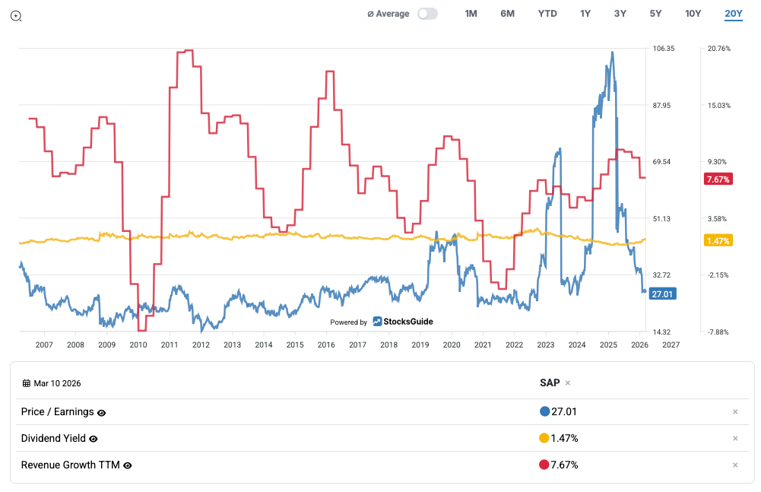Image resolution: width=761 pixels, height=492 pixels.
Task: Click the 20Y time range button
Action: pyautogui.click(x=733, y=14)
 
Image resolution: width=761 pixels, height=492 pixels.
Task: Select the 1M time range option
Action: pyautogui.click(x=471, y=14)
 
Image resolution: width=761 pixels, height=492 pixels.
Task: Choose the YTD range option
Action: pyautogui.click(x=547, y=14)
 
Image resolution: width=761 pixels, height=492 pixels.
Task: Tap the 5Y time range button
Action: pyautogui.click(x=655, y=14)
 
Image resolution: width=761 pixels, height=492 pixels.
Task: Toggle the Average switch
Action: pyautogui.click(x=428, y=14)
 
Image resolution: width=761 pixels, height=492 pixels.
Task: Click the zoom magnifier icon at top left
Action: pyautogui.click(x=16, y=16)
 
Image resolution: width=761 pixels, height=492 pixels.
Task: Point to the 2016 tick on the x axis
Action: pyautogui.click(x=325, y=344)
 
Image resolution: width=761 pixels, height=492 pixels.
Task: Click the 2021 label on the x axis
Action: pyautogui.click(x=482, y=344)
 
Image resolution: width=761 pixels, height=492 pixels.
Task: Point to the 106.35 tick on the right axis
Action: pyautogui.click(x=664, y=49)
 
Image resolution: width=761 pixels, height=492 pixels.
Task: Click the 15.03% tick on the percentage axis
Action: pyautogui.click(x=718, y=106)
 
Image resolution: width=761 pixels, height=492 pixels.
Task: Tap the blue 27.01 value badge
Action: pyautogui.click(x=663, y=294)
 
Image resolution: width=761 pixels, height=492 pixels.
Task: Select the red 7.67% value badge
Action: pyautogui.click(x=718, y=179)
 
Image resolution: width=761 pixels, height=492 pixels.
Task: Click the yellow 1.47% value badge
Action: pyautogui.click(x=718, y=241)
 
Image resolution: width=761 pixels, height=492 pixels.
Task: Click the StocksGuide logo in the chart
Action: pyautogui.click(x=403, y=322)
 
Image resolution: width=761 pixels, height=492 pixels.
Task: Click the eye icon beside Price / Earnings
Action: pyautogui.click(x=102, y=412)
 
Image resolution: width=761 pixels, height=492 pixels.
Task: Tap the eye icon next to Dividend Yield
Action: pyautogui.click(x=94, y=439)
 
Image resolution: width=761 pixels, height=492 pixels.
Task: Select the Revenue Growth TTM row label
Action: pyautogui.click(x=70, y=465)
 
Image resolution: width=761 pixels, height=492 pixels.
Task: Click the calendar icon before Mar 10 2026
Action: pyautogui.click(x=26, y=383)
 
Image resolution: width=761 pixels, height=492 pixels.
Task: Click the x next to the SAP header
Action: pyautogui.click(x=567, y=383)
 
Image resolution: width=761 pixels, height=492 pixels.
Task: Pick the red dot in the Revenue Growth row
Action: pyautogui.click(x=544, y=465)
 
